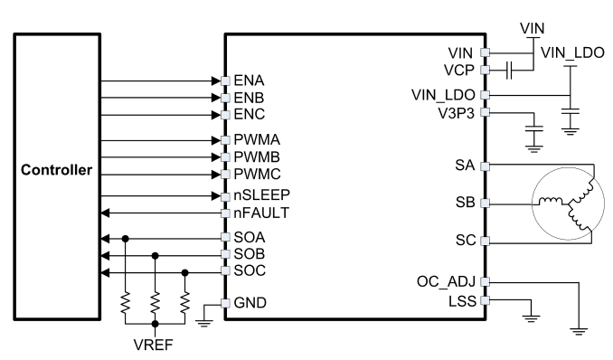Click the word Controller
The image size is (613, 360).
[x=57, y=170]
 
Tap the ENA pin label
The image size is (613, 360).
[x=249, y=81]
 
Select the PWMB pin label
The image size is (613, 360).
[x=257, y=156]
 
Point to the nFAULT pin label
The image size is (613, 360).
[x=261, y=213]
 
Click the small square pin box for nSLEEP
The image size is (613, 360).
[x=225, y=196]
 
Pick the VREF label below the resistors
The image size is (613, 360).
[x=154, y=345]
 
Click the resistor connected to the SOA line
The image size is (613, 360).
[x=125, y=302]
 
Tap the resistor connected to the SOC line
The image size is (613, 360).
[x=185, y=302]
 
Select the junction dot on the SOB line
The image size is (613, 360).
[x=156, y=256]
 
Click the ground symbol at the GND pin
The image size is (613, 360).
[x=204, y=323]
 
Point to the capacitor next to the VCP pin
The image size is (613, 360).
[x=509, y=71]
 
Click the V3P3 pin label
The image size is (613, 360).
[x=457, y=113]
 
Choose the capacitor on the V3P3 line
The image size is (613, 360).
[x=533, y=128]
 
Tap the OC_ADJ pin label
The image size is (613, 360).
[x=446, y=281]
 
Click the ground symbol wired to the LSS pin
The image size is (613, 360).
[x=531, y=318]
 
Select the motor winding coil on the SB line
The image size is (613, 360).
[x=551, y=202]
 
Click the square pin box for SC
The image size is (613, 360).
[x=485, y=241]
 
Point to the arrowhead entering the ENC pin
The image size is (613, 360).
[x=216, y=115]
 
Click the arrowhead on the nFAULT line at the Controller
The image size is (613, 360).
[x=105, y=213]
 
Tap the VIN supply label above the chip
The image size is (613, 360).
[x=532, y=29]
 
